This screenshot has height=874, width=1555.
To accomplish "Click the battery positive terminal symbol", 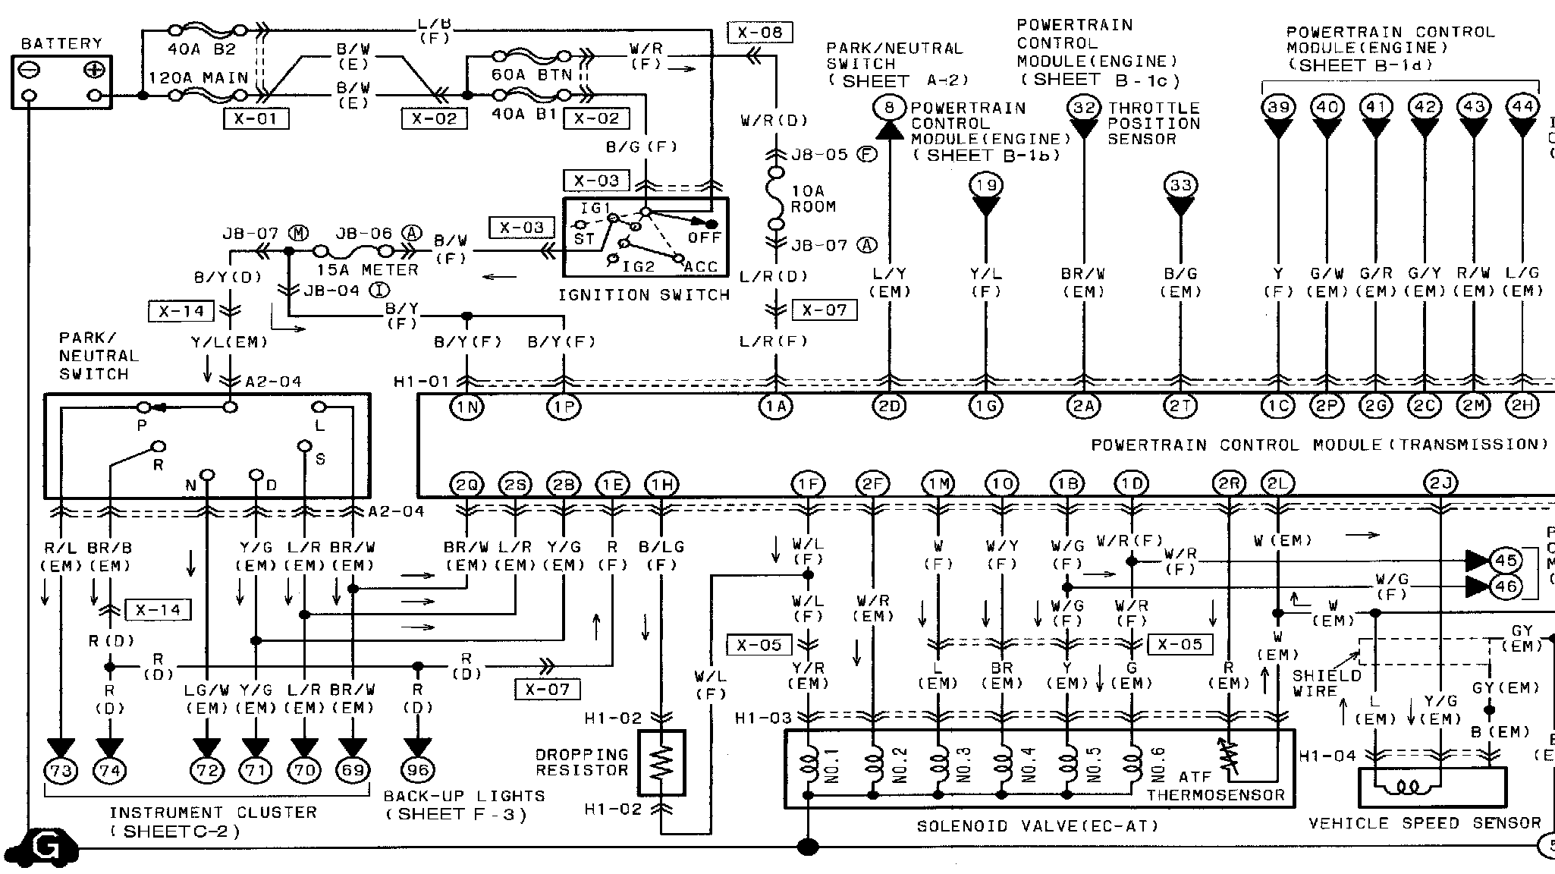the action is (94, 71).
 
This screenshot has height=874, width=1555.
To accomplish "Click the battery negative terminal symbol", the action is (30, 71).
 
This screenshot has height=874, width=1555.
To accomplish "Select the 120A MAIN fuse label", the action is (199, 77).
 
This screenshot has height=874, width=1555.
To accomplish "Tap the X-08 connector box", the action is (759, 33).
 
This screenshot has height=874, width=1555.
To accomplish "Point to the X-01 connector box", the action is (256, 119).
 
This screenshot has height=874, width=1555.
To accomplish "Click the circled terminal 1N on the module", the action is (466, 407).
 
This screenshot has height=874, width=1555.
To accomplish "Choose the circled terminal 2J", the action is (1440, 483).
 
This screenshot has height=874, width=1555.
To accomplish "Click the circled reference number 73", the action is (61, 771).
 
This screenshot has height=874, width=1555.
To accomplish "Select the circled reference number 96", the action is (417, 771).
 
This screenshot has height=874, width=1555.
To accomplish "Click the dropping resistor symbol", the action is (661, 762).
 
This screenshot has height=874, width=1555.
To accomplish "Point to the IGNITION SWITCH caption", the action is (644, 294).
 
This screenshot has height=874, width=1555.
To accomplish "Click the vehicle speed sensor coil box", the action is (1431, 787).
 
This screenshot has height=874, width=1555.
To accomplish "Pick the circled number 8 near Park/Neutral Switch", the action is (889, 107).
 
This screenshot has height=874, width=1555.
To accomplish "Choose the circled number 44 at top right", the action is (1522, 107).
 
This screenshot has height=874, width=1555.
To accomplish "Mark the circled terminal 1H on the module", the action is (661, 483).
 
